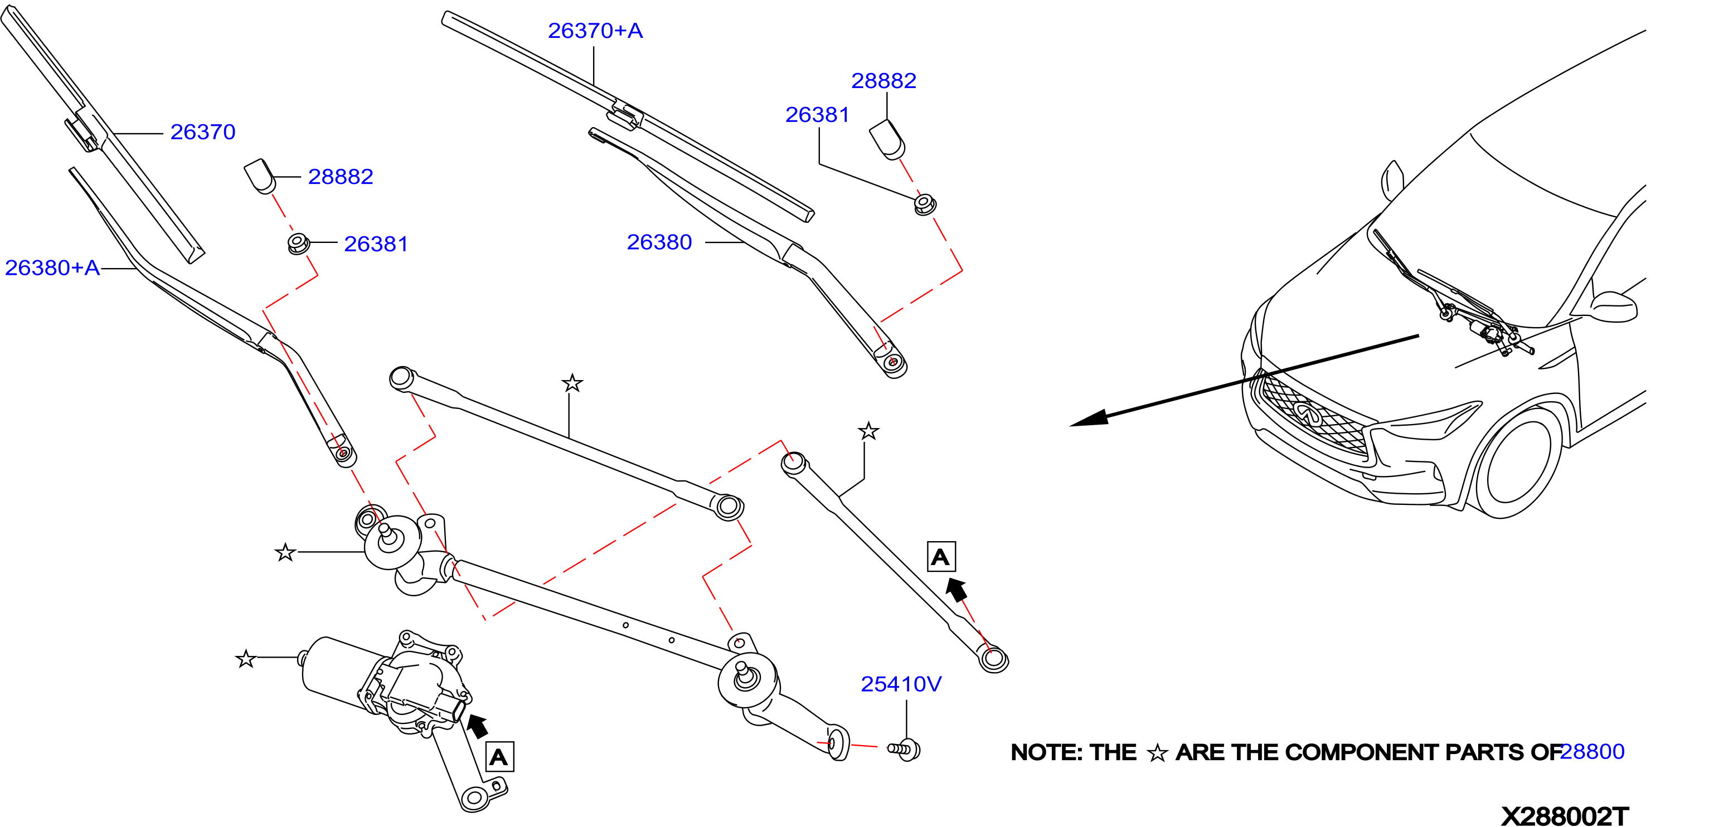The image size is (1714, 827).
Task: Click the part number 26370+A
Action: (595, 31)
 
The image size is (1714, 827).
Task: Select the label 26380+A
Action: (52, 267)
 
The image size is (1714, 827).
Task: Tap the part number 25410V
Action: (901, 684)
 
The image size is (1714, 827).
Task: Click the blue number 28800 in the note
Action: (1592, 751)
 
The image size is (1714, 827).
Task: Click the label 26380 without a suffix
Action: (659, 242)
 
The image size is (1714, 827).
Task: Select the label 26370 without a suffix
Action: (203, 132)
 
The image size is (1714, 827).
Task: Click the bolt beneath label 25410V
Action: (905, 749)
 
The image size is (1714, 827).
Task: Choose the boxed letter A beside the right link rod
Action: (941, 556)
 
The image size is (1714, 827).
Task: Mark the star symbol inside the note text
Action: (1157, 753)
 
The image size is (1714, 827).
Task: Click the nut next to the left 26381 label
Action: (298, 244)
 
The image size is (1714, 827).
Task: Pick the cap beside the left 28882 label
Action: (260, 176)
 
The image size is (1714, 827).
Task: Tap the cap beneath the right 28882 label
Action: (887, 140)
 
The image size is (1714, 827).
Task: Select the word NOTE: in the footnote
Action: (1041, 752)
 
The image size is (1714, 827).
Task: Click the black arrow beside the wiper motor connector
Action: (477, 725)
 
